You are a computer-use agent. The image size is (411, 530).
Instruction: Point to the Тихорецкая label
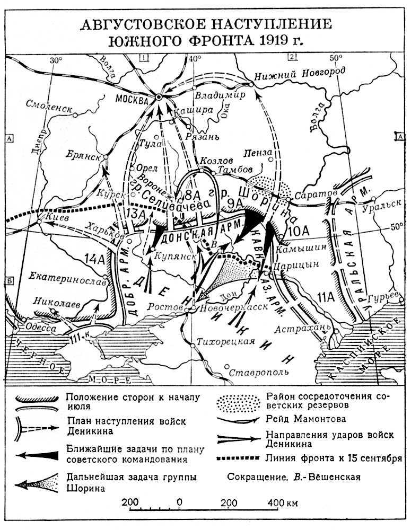222,341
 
